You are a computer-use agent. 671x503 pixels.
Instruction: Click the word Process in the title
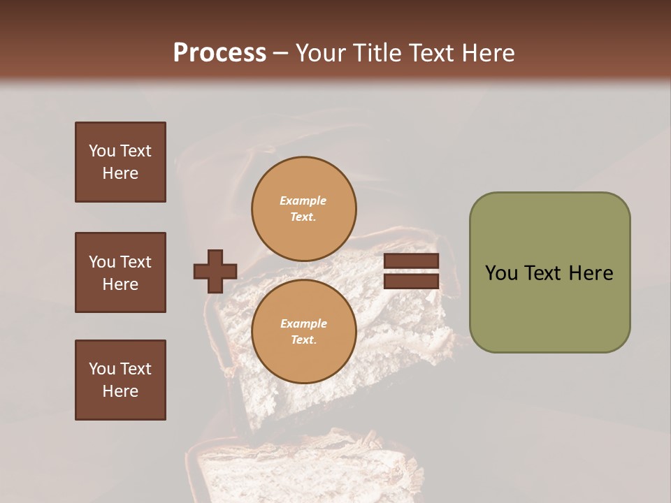point(219,53)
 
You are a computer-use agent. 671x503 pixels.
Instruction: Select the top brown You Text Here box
point(120,162)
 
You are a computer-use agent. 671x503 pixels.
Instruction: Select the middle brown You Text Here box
point(120,272)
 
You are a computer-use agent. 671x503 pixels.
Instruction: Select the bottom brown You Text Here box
point(120,380)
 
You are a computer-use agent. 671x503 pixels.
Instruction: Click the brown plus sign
point(215,271)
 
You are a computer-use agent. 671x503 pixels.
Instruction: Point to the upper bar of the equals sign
point(411,261)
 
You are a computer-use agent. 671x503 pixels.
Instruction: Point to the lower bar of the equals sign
point(411,282)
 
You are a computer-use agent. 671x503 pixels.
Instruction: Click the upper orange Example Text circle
point(303,208)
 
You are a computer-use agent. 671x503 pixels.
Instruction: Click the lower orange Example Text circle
point(303,331)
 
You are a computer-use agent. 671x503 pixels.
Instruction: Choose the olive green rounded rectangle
point(549,272)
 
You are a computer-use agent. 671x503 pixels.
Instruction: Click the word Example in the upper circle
point(303,201)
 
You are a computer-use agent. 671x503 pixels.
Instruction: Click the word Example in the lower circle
point(303,323)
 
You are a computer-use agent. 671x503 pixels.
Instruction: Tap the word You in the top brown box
point(101,151)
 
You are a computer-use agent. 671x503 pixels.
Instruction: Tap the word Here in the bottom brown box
point(120,391)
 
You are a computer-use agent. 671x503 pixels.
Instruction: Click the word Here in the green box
point(591,273)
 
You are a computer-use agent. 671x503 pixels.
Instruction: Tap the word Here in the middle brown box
point(120,284)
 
